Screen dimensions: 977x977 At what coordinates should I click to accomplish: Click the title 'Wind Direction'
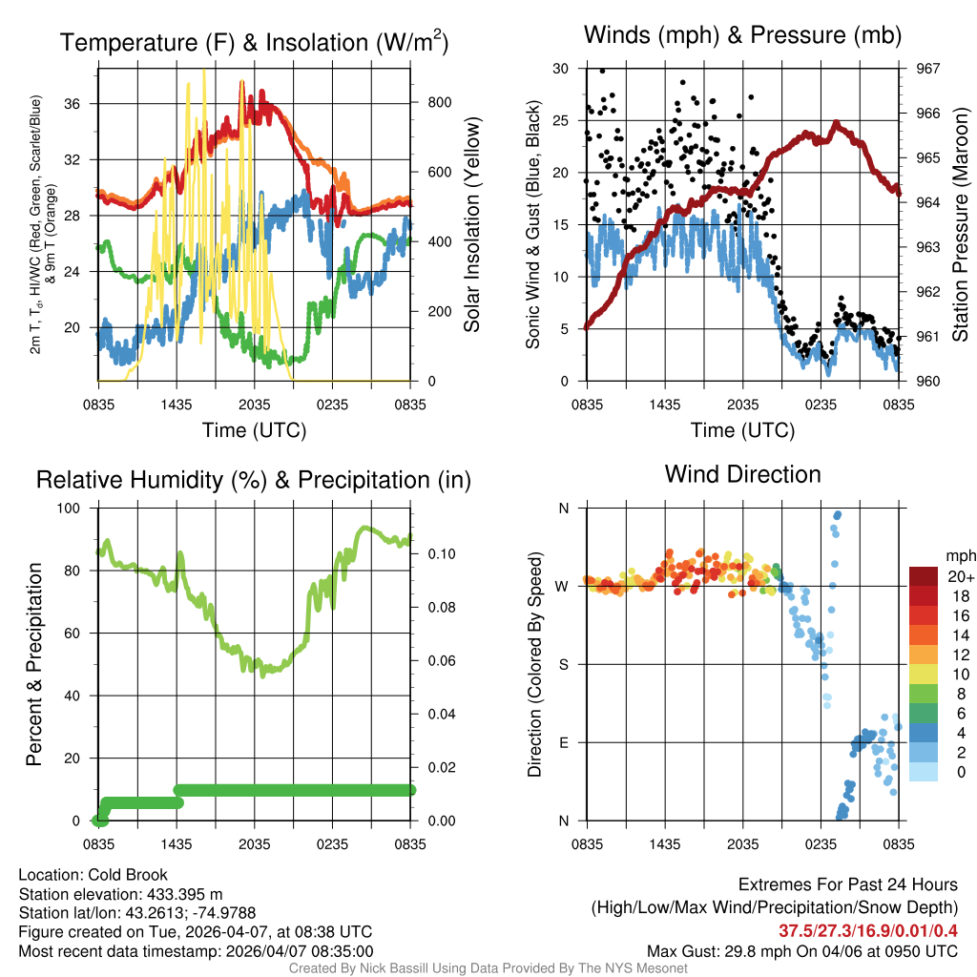(x=742, y=474)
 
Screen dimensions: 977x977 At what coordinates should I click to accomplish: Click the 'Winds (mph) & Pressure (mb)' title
(x=742, y=36)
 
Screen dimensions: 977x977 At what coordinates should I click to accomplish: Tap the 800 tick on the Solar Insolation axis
(x=431, y=102)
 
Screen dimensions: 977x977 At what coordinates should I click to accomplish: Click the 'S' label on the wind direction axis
(x=563, y=664)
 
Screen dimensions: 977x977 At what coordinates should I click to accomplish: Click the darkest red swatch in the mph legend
(x=925, y=576)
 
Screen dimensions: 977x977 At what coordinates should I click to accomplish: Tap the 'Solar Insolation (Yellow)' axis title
(x=471, y=225)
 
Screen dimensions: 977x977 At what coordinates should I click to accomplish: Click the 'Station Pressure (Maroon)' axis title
(x=961, y=225)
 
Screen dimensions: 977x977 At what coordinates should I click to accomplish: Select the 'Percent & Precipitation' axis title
(x=34, y=664)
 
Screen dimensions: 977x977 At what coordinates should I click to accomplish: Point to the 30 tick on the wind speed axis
(x=561, y=69)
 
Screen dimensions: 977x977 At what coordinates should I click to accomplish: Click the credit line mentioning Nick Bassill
(x=488, y=968)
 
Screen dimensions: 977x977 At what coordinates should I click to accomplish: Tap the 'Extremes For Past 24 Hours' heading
(x=847, y=885)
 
